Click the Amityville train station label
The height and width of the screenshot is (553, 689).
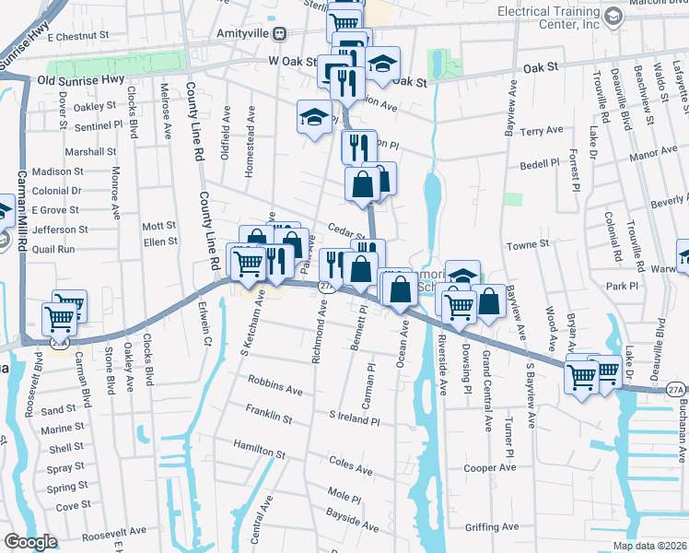(x=244, y=32)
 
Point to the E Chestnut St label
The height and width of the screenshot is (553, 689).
(x=78, y=36)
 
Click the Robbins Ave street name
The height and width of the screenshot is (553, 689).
(x=275, y=384)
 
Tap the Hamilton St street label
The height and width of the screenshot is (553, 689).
(x=259, y=449)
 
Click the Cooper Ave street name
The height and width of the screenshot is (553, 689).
(x=490, y=467)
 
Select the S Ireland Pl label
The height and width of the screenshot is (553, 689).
(x=355, y=419)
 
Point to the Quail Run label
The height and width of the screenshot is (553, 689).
(x=53, y=248)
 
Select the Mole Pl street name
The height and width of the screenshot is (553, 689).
(x=344, y=496)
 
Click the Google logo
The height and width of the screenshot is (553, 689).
(x=30, y=542)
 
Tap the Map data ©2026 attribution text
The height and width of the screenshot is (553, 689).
(x=649, y=546)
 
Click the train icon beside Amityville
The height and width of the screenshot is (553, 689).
(x=279, y=32)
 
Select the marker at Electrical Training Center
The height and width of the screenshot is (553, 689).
(x=613, y=17)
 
